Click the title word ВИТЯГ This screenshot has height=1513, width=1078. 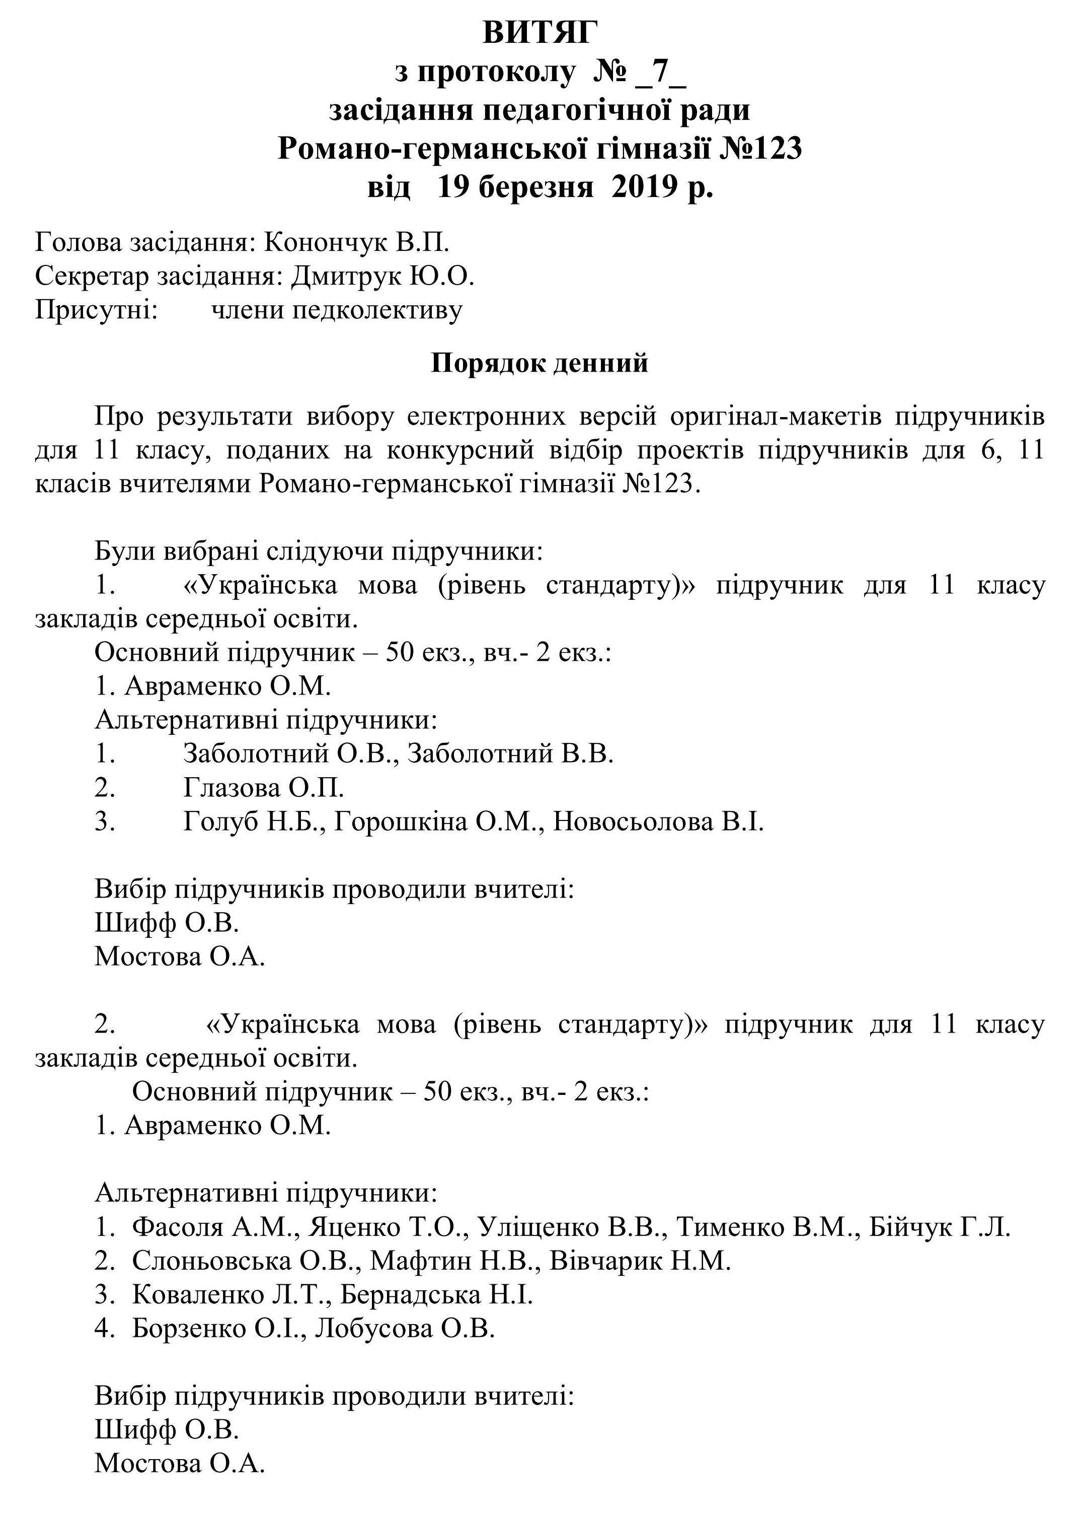[x=539, y=33]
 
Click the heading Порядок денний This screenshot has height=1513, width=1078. [x=539, y=363]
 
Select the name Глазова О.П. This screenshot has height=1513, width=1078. [x=264, y=788]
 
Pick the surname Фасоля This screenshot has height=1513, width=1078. [x=178, y=1227]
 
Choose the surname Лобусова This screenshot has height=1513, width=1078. [x=374, y=1328]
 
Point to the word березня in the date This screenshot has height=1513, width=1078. [x=535, y=188]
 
